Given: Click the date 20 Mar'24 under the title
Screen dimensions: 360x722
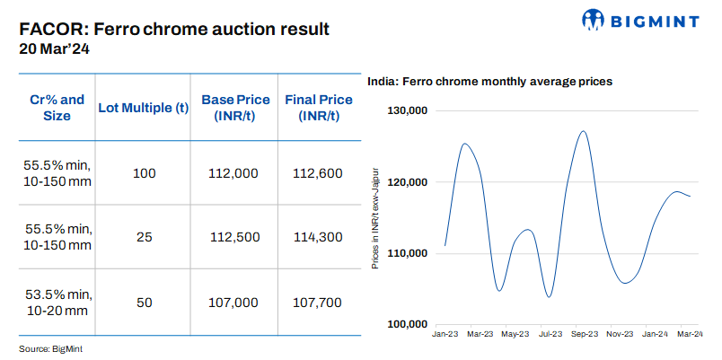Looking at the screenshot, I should [54, 50].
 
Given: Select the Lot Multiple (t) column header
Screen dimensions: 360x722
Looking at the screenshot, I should [144, 108].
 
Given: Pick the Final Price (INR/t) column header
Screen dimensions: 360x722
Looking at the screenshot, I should [318, 108].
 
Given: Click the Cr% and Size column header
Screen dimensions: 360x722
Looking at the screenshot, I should [57, 108].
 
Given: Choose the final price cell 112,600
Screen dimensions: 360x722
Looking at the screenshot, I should [318, 172].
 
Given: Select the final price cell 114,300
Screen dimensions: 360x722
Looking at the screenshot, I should [318, 237].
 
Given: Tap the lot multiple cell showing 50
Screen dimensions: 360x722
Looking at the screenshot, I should [144, 303].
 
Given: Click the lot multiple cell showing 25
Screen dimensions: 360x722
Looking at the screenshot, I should [144, 237].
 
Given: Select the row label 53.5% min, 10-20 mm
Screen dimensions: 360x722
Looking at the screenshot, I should [57, 303].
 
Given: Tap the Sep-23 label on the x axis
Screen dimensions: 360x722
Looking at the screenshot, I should [585, 334].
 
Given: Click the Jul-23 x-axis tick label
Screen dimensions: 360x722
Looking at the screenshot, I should [550, 334].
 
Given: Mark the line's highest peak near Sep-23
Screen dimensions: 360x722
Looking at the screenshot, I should [584, 131].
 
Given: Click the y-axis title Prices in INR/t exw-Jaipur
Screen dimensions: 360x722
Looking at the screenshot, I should [374, 217].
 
